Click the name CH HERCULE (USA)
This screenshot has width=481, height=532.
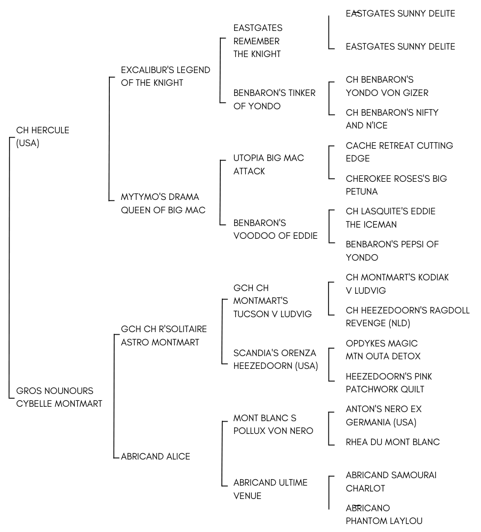coord(43,136)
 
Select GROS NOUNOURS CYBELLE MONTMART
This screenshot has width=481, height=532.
coord(59,397)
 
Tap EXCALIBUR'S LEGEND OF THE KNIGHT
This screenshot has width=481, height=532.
coord(165,76)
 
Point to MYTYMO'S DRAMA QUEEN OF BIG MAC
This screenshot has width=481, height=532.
coord(163,203)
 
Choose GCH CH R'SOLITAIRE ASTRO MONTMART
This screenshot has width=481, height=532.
coord(164,335)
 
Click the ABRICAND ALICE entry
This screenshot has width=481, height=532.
coord(156,456)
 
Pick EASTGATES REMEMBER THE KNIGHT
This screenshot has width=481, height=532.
coord(258,41)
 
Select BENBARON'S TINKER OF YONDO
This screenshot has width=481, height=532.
coord(274,99)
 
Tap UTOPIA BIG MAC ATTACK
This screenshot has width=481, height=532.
coord(269,164)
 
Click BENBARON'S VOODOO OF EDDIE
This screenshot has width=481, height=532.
coord(275,229)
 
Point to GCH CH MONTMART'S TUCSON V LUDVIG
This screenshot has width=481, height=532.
coord(272,301)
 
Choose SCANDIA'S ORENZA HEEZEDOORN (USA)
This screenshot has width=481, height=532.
coord(275,359)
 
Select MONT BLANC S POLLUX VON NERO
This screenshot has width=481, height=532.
coord(273,424)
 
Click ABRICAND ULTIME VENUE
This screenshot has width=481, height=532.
coord(270,489)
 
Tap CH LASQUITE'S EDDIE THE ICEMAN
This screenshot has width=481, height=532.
coord(390,218)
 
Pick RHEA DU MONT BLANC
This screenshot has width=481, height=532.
coord(392,442)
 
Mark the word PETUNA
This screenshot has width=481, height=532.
coord(362,192)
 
